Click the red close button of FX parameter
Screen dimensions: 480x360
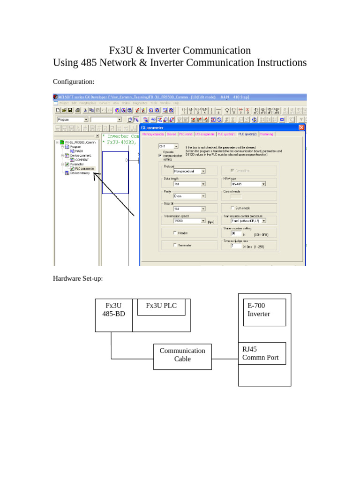pos(301,127)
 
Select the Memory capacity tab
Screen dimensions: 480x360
pos(153,134)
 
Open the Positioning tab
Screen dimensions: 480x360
pos(267,134)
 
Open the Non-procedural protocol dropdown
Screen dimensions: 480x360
pos(189,172)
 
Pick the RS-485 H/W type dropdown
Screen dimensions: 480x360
pos(248,184)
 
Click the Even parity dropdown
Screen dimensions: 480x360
pos(189,197)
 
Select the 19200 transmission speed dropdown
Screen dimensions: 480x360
pos(189,220)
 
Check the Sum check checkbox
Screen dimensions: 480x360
pos(233,208)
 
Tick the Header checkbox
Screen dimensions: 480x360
pos(175,232)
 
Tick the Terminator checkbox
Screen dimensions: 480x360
pos(175,245)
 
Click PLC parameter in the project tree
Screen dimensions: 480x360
pos(84,169)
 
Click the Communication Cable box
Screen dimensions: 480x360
pos(182,354)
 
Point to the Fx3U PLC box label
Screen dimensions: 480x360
pos(161,306)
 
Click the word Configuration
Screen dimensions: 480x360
pos(74,82)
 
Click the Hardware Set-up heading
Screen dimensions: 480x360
pos(78,278)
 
